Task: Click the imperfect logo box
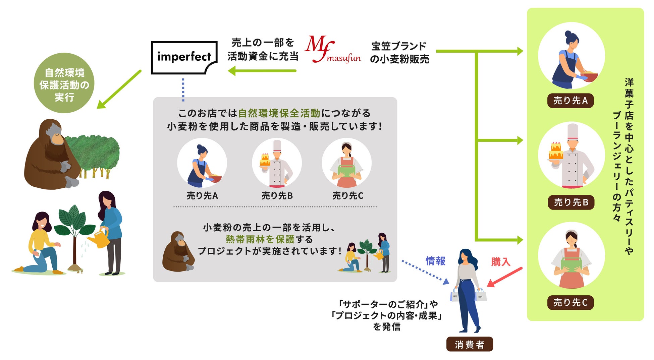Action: coord(184,57)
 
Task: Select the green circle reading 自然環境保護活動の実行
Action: coord(64,83)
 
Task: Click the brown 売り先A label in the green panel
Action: coord(570,101)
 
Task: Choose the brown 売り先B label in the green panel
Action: coord(571,202)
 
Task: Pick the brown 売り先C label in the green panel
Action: coord(570,303)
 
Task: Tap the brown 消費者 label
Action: coord(470,344)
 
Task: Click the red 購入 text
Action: coord(500,261)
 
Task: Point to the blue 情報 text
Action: coord(435,261)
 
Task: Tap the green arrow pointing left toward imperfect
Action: coord(262,71)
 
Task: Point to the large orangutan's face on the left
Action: coord(56,134)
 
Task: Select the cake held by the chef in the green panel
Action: coord(556,152)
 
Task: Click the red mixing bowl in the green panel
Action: coord(589,77)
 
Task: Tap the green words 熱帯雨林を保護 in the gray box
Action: coord(260,239)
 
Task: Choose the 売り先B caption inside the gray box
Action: coord(277,196)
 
